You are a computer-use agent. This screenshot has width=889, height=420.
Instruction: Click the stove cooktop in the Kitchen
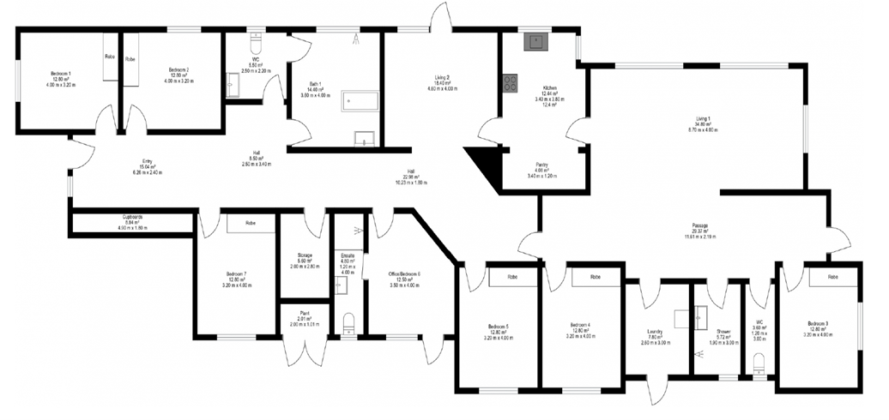click(510, 83)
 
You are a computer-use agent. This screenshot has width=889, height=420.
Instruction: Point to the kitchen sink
click(537, 39)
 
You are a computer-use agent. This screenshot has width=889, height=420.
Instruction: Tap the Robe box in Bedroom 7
click(250, 223)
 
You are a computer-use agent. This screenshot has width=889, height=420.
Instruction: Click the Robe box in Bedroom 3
click(832, 278)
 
